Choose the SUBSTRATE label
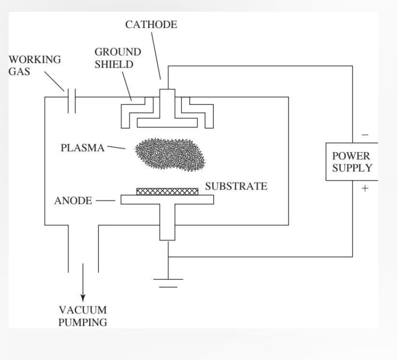point(236,186)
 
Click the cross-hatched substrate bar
point(167,191)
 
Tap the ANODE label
point(73,201)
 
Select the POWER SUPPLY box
point(351,162)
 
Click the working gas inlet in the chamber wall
point(71,97)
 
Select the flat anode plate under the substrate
point(167,199)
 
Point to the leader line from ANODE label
point(106,201)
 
